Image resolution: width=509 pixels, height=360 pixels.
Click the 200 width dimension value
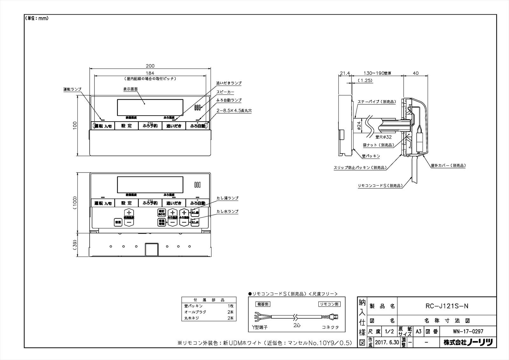(x=150, y=66)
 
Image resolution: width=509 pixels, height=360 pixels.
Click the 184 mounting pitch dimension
(x=150, y=73)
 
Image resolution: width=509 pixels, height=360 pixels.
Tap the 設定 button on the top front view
(x=126, y=126)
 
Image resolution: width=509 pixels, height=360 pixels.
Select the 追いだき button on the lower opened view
(x=174, y=203)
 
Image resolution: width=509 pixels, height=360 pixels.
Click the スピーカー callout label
(x=225, y=92)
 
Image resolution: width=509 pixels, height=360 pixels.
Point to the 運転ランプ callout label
(x=72, y=89)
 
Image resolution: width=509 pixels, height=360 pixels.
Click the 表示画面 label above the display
(x=130, y=89)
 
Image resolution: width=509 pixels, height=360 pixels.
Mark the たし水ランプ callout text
(x=227, y=211)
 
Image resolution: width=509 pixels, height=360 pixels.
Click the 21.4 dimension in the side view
(x=345, y=73)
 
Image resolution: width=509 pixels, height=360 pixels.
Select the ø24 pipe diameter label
(x=359, y=127)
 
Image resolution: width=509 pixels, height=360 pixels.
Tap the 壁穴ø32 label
(x=383, y=137)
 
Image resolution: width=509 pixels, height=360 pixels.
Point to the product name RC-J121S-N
(x=447, y=306)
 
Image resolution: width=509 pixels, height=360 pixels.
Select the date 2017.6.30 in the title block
(x=386, y=342)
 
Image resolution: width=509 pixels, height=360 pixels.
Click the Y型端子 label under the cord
(x=259, y=327)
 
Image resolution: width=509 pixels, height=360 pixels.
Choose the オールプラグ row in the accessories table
(x=195, y=312)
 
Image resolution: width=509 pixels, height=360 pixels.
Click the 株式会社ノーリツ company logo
(x=468, y=342)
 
